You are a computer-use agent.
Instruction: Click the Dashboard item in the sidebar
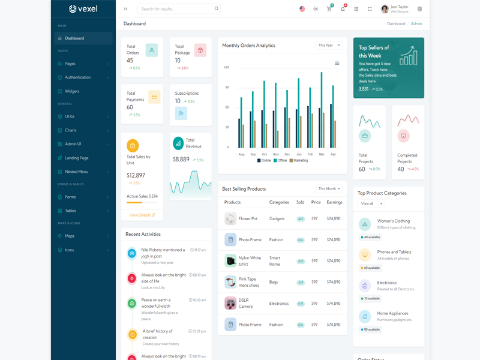pos(74,38)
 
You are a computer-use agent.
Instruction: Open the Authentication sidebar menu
pos(77,77)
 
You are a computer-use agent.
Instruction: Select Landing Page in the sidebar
pos(76,158)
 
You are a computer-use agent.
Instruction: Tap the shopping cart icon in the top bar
pos(329,9)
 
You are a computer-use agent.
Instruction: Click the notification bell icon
pos(343,9)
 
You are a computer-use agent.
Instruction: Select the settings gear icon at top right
pos(419,9)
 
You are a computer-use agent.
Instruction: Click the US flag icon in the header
pos(302,9)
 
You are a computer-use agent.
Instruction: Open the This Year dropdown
pos(329,45)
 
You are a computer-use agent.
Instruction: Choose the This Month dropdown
pos(329,188)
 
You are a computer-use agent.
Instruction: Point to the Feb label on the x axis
pos(311,154)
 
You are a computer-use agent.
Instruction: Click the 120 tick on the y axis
pos(226,67)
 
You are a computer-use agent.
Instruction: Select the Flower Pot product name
pos(248,219)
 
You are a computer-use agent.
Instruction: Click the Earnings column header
pos(334,202)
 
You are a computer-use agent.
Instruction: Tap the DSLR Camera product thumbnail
pos(230,303)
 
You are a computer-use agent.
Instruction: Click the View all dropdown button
pos(371,204)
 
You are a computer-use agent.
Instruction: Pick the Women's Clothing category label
pos(393,221)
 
